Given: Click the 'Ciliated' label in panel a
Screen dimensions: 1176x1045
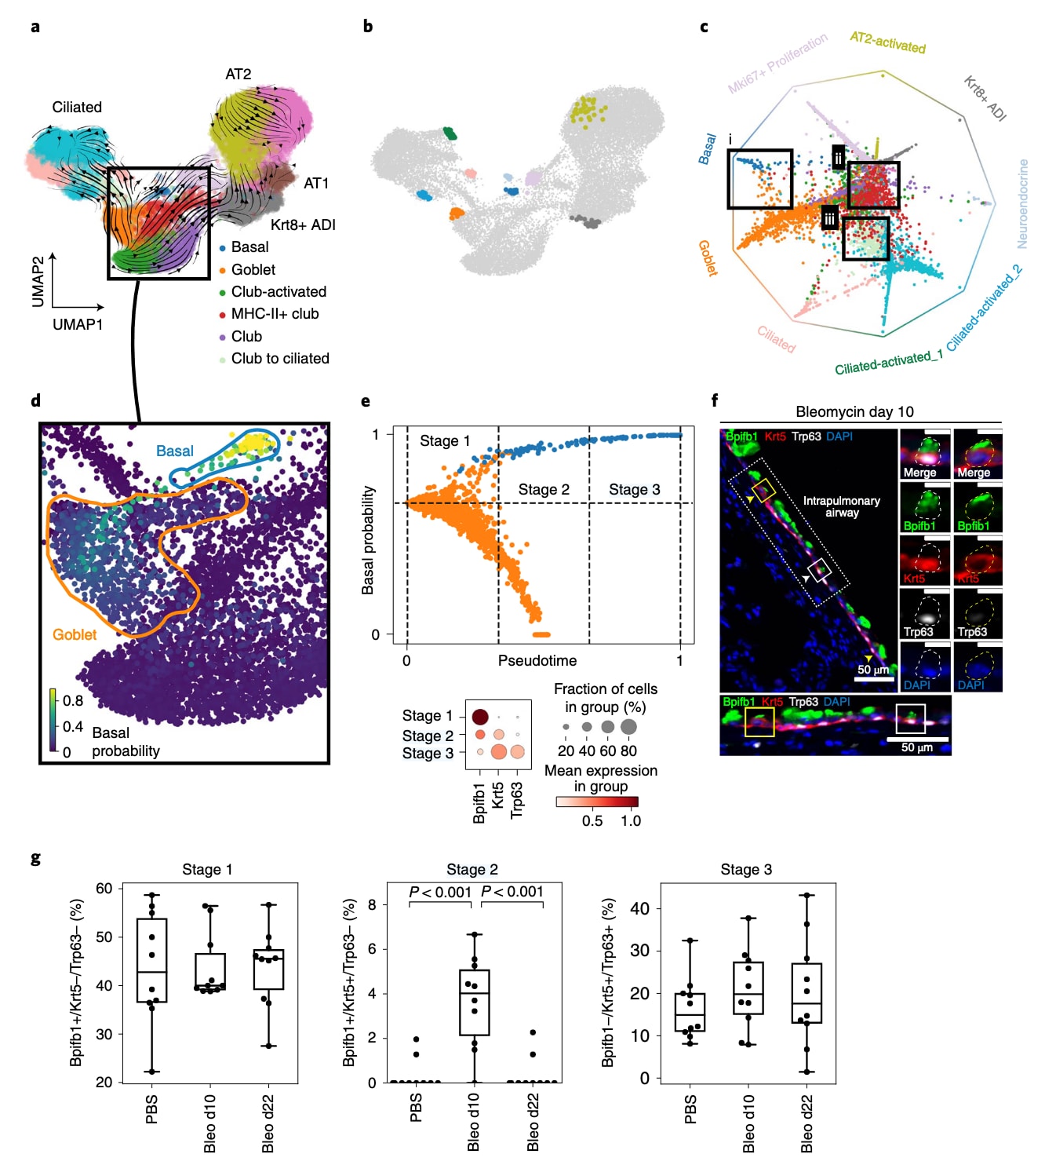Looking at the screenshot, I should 77,107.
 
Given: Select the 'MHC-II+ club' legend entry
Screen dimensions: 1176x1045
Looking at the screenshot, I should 275,314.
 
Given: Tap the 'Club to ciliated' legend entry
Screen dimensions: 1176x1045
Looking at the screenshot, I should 280,359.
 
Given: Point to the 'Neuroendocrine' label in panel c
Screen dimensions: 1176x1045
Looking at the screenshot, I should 1022,204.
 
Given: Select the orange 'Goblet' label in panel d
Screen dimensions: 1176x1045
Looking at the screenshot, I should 75,634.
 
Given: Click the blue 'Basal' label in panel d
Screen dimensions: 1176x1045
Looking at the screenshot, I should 174,451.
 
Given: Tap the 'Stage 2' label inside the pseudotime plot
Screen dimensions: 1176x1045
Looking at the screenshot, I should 544,489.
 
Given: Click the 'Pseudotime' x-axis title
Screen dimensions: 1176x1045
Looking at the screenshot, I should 537,661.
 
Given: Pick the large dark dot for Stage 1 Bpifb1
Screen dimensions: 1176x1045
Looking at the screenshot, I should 480,716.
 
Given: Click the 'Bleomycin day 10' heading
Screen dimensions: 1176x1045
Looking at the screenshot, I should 854,411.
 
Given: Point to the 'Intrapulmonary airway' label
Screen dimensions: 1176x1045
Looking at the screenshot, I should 841,506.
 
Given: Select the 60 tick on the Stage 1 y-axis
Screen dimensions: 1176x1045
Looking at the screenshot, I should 104,888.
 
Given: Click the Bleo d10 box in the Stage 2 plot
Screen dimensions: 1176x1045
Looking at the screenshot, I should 474,1003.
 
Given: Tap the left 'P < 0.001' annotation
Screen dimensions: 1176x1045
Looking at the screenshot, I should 440,892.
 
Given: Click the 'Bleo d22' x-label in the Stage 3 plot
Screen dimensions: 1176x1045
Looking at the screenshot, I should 807,1123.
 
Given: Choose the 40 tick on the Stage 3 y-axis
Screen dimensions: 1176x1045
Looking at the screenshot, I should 640,908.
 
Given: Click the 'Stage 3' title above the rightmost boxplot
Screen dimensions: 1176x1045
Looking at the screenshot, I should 746,869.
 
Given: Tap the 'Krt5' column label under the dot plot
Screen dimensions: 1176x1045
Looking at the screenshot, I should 497,795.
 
